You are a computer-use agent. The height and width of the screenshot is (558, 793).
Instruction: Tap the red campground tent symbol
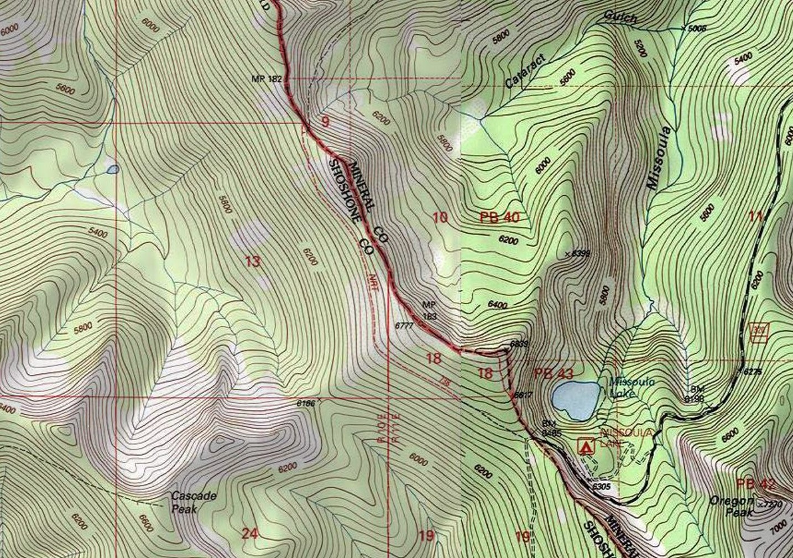586,445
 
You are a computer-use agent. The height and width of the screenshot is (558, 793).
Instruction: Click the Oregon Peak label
732,506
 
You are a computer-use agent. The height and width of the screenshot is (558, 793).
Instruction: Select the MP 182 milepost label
267,79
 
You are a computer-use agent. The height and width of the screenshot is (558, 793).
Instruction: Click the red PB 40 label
500,217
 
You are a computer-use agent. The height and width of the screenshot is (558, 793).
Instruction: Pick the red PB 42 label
755,484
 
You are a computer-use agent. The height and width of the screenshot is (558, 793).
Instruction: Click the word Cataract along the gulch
525,71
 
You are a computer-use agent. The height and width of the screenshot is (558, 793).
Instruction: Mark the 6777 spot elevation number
404,326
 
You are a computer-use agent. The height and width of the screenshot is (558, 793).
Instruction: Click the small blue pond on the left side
112,169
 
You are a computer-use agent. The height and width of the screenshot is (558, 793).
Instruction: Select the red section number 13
252,262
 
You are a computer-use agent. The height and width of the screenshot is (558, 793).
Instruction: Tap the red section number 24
249,534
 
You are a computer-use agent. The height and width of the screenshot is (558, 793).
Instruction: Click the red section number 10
440,217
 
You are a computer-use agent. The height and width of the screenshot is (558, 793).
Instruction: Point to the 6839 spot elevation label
519,343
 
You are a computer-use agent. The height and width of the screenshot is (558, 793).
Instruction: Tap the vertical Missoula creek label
658,158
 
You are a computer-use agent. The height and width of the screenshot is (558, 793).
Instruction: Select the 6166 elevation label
305,403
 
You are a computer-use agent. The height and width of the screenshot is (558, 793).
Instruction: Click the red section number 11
755,216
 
